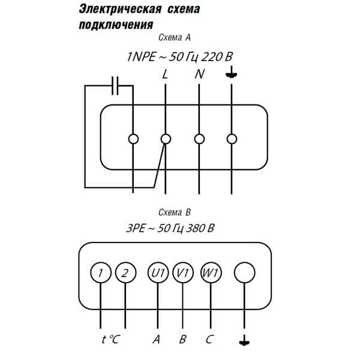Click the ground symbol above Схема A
232,75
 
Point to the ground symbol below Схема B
244,340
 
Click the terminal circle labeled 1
101,273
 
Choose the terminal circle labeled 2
125,273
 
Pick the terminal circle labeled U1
157,273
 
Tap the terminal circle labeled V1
182,273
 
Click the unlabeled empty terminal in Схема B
244,273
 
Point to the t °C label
110,340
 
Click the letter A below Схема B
157,340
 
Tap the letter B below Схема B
182,340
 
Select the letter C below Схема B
209,340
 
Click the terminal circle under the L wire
166,139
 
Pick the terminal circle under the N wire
199,139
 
